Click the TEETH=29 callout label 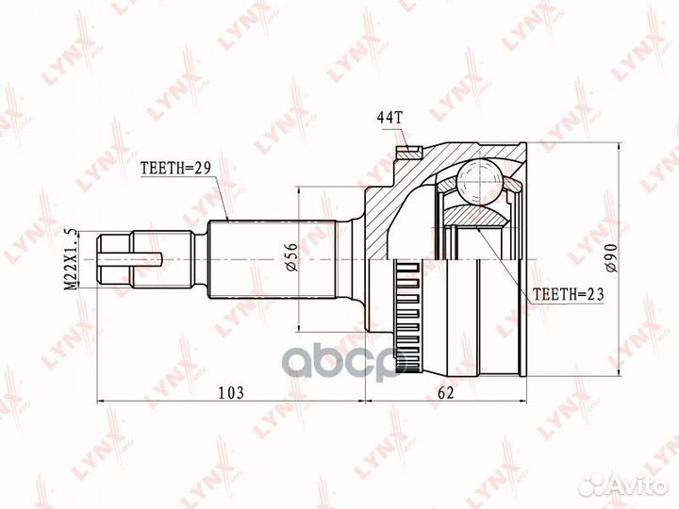[x=175, y=168]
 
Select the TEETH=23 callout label [x=568, y=294]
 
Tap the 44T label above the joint [x=389, y=117]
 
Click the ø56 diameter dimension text [x=291, y=257]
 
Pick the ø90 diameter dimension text [x=611, y=258]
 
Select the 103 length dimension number [x=231, y=392]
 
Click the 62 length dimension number [x=445, y=392]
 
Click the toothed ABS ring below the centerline [x=406, y=316]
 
